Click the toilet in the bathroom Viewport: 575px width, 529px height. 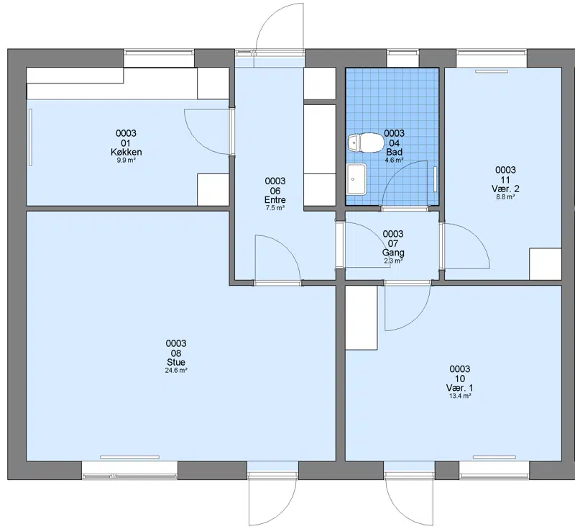click(x=366, y=142)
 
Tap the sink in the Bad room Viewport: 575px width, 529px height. click(x=356, y=179)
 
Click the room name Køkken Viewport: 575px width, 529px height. click(x=126, y=152)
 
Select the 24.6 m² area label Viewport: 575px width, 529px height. click(x=176, y=371)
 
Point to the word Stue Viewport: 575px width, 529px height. click(x=176, y=362)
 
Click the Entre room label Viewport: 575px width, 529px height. click(x=275, y=200)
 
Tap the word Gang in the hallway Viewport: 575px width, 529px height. click(x=393, y=253)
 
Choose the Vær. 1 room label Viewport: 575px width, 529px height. click(x=459, y=388)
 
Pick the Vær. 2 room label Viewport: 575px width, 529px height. click(x=505, y=189)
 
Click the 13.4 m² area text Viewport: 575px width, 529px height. click(x=460, y=396)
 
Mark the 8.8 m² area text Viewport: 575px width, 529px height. click(x=505, y=196)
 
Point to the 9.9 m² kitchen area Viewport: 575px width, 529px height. click(x=126, y=160)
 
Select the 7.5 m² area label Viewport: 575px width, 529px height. click(x=275, y=208)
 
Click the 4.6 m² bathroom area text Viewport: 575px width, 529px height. click(x=394, y=160)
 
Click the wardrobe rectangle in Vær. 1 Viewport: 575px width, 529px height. click(x=362, y=317)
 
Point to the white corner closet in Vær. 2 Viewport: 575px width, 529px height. click(x=546, y=264)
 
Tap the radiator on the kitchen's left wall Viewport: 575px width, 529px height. click(x=31, y=137)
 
